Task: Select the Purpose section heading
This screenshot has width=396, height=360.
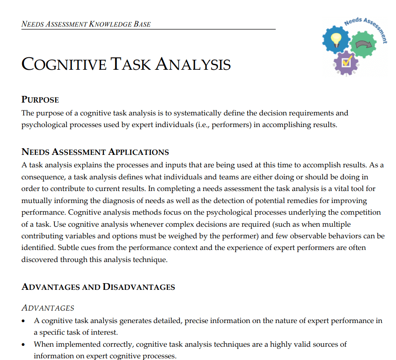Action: click(x=40, y=100)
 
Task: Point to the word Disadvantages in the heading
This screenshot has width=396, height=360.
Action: click(x=139, y=287)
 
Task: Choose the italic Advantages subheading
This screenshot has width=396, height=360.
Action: click(x=48, y=308)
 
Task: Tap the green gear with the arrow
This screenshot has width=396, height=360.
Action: click(x=363, y=44)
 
